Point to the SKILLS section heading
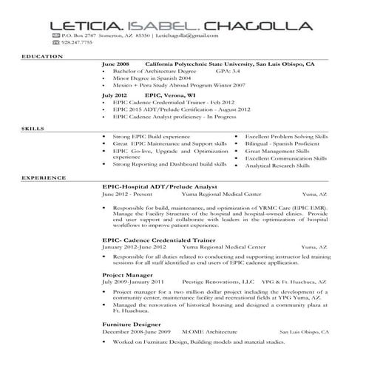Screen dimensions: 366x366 pos(33,129)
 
